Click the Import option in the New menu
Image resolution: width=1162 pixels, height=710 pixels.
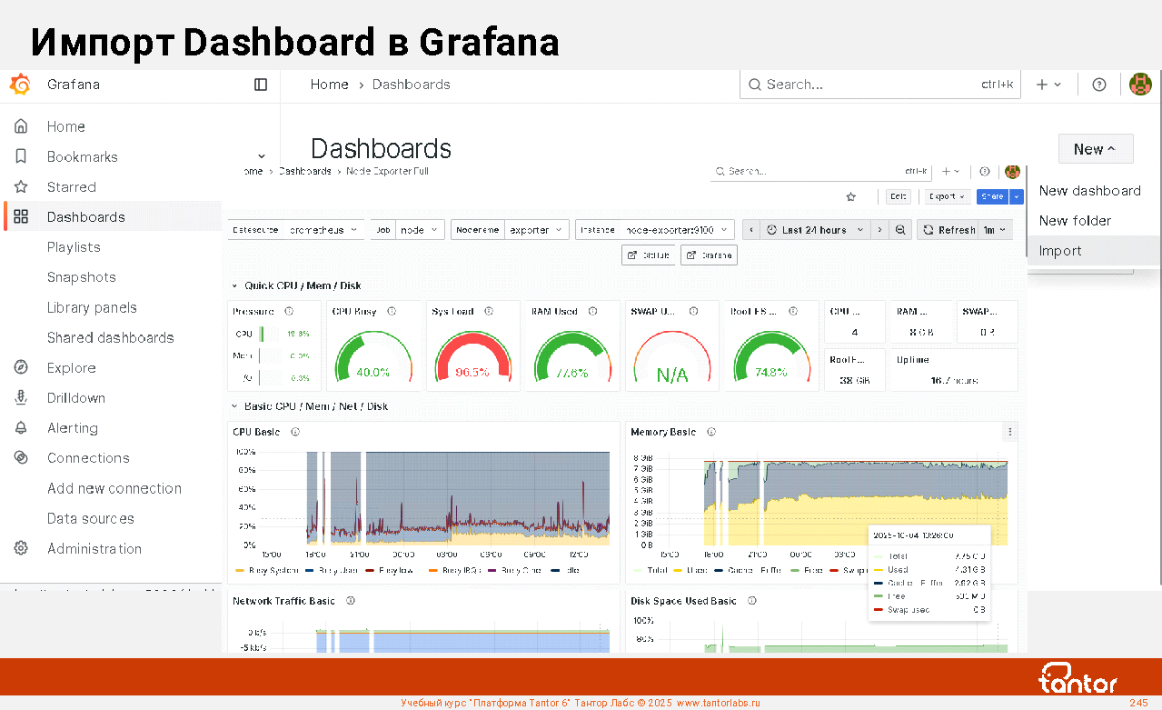1060,251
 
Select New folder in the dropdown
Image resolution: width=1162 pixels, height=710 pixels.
1075,221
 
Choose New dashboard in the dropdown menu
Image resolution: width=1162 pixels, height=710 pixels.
1089,191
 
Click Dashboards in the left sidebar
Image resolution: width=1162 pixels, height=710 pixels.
86,217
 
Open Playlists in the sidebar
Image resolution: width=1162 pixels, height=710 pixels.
74,247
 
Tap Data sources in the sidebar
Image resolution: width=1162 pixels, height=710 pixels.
91,518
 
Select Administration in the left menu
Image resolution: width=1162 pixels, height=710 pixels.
94,548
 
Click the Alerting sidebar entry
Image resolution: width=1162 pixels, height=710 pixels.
73,428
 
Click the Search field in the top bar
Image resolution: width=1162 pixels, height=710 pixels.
863,85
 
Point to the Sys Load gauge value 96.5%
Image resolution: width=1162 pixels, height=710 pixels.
472,372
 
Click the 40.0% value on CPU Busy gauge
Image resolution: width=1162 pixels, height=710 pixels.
372,372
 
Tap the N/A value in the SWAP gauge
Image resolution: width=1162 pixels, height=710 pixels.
672,375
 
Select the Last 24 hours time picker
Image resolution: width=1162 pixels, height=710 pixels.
813,230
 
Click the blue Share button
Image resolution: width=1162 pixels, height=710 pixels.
992,196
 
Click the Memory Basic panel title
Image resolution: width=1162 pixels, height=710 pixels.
663,432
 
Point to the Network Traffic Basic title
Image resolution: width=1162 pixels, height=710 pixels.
283,601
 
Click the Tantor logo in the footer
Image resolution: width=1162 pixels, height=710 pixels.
1078,679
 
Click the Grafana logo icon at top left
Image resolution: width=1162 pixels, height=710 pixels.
20,85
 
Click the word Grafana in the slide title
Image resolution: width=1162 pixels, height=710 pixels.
490,43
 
